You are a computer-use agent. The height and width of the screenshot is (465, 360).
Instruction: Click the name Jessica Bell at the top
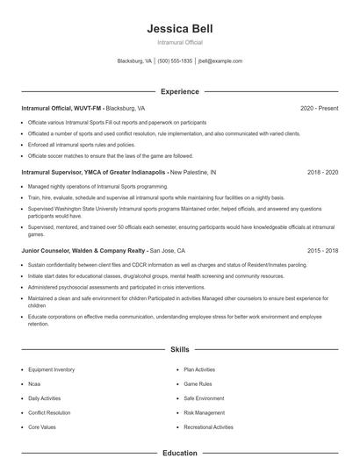pos(179,29)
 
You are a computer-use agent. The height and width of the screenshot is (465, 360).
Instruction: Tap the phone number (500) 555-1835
pos(175,61)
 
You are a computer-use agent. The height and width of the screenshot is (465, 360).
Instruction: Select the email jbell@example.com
pos(220,61)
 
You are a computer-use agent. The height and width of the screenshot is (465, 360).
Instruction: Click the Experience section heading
pos(179,91)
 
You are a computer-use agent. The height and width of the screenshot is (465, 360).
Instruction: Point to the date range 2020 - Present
pos(319,108)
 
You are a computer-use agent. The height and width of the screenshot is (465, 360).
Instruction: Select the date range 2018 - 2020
pos(322,173)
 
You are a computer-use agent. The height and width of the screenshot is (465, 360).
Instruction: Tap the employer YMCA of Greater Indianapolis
pos(126,173)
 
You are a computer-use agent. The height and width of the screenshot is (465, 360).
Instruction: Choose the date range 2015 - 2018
pos(322,250)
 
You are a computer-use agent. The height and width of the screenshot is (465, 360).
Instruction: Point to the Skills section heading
pos(179,349)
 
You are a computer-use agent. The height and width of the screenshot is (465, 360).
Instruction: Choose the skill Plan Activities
pos(199,369)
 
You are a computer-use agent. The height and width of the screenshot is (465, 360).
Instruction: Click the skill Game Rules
pos(198,383)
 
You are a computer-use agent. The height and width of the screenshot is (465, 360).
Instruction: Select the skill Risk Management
pos(204,411)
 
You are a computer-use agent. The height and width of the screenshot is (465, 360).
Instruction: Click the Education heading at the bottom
pos(179,454)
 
